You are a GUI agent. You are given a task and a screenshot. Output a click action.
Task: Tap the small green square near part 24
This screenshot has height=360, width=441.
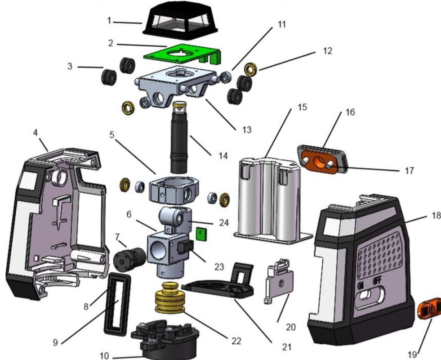point(201,233)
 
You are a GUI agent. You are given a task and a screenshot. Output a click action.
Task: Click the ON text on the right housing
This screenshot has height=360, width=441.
point(361,286)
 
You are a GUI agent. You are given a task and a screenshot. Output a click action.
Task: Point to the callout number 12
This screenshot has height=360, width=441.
point(328,51)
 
